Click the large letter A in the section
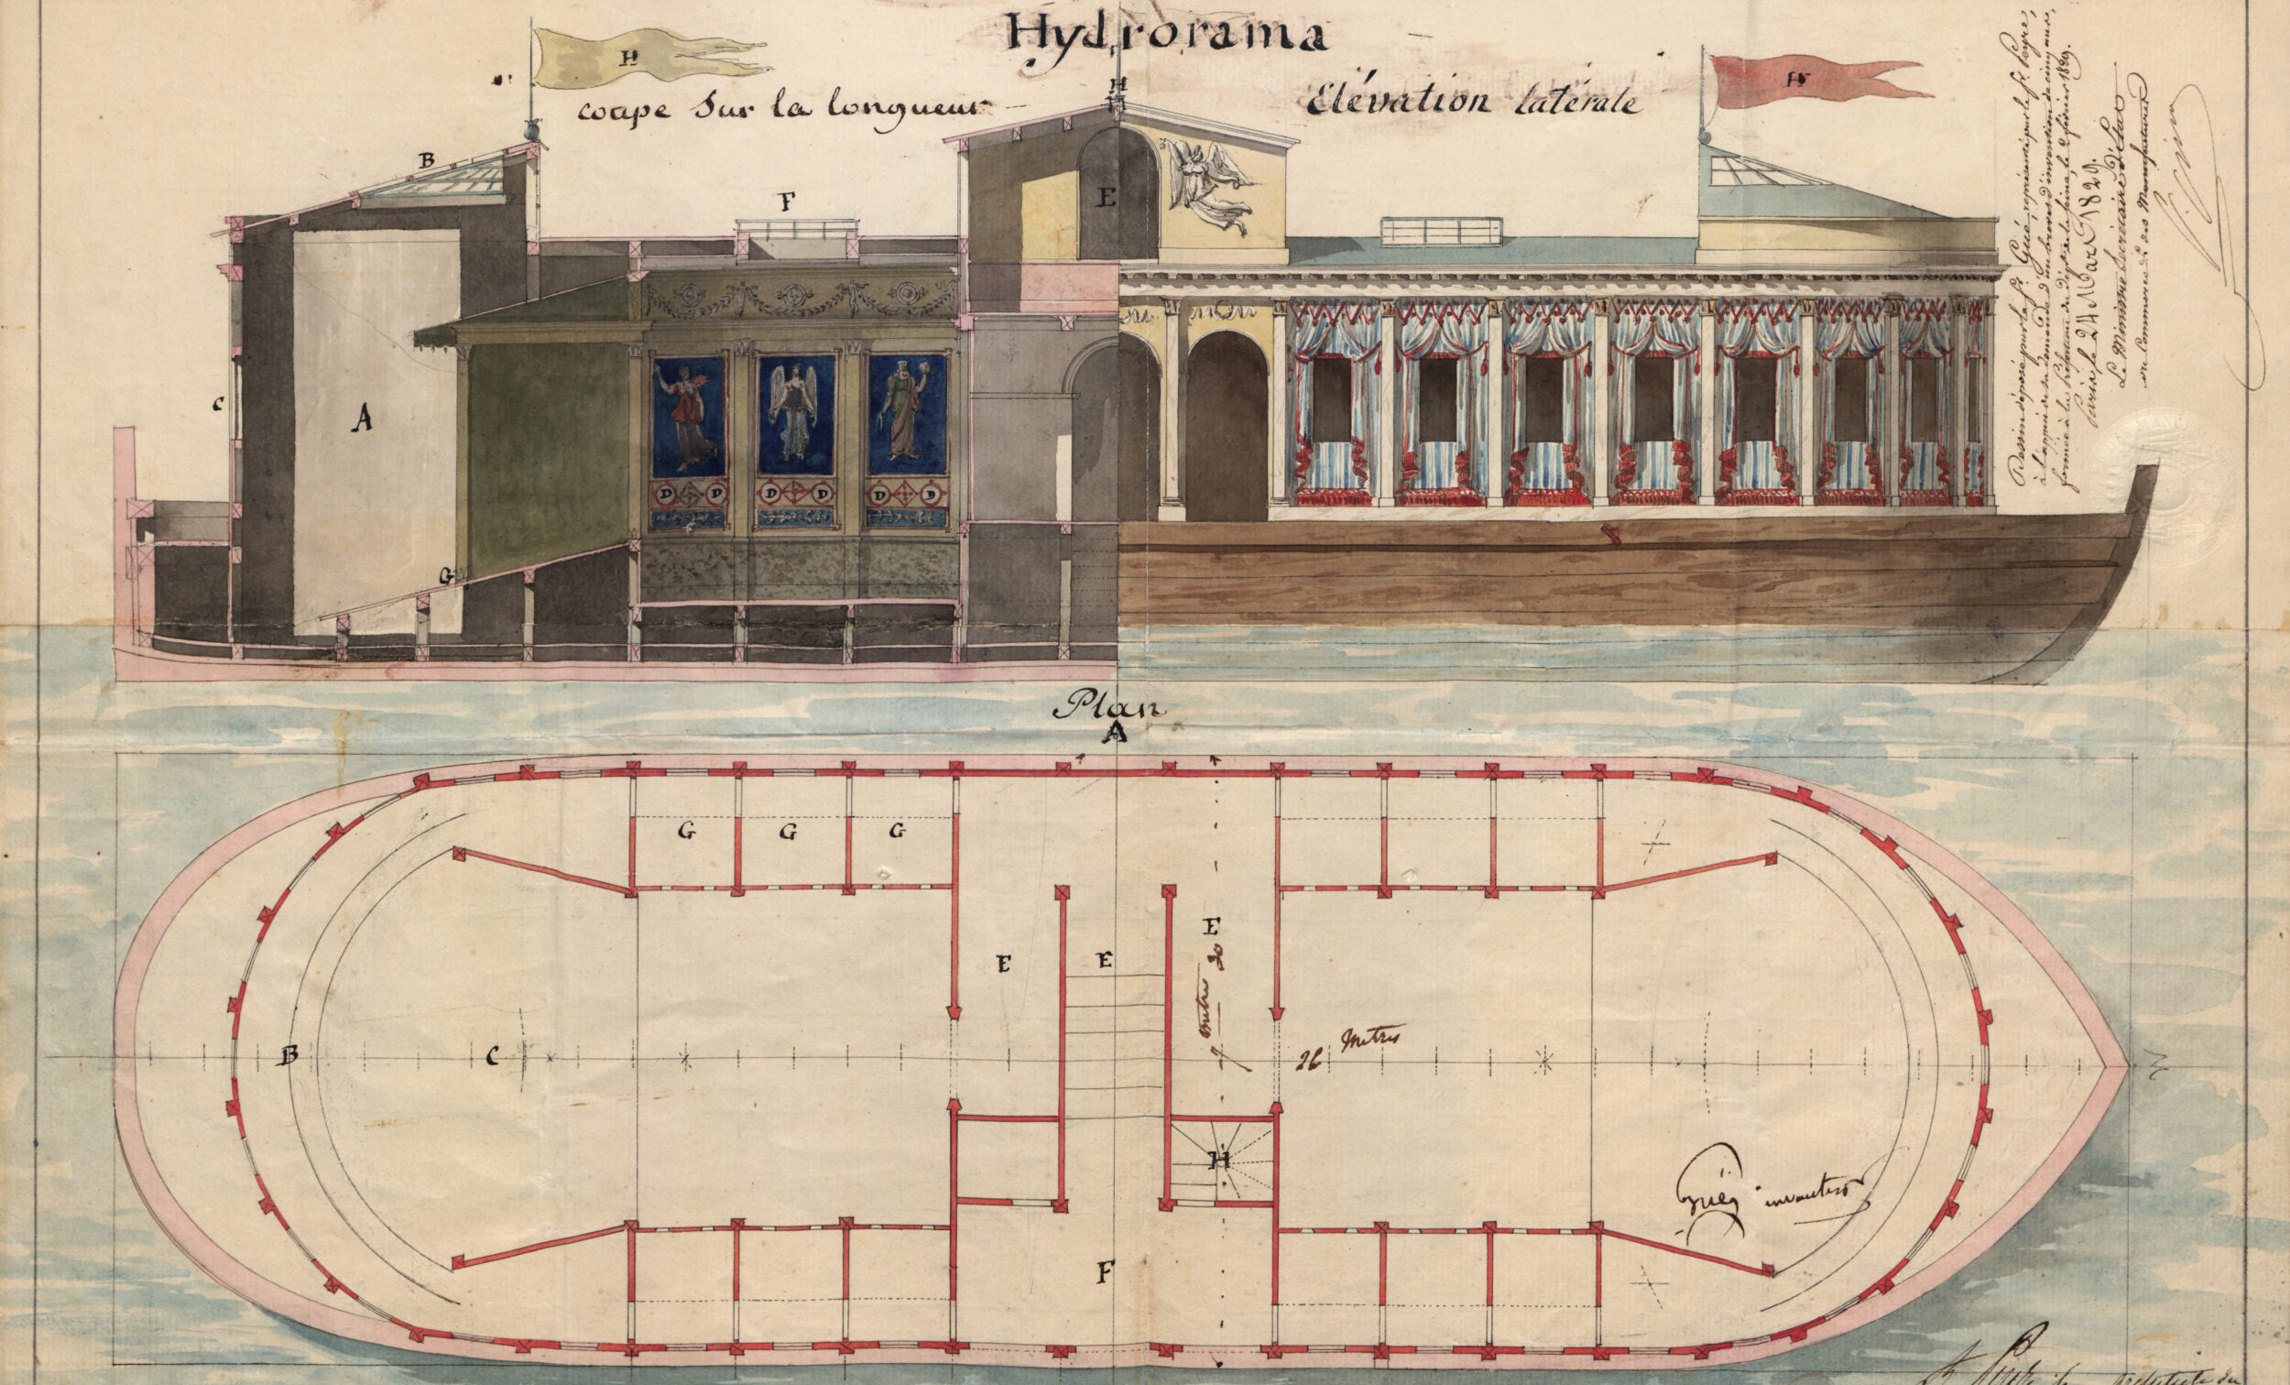coord(362,420)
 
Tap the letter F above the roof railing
coord(787,201)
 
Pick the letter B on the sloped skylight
coord(427,160)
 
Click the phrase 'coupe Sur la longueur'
coord(779,109)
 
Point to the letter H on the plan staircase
coord(1218,1158)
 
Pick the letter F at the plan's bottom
coord(1104,1271)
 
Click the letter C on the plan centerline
coord(492,1055)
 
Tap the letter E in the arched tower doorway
coord(1106,198)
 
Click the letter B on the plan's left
coord(289,1055)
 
